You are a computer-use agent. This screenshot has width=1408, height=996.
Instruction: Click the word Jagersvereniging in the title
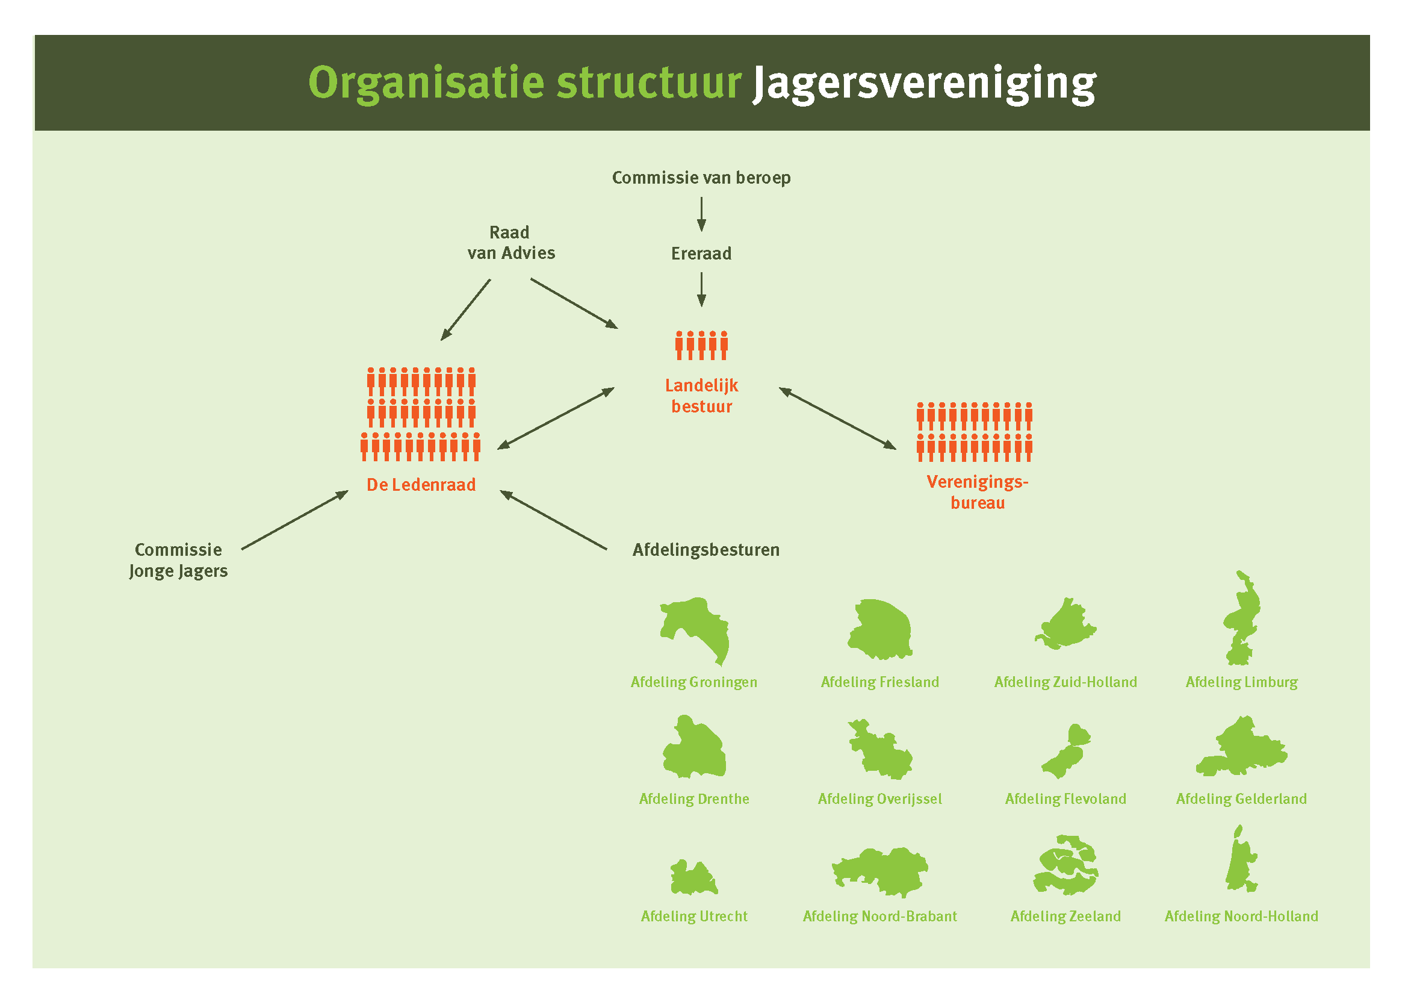coord(924,84)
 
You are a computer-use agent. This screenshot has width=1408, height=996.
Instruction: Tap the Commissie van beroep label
coord(701,178)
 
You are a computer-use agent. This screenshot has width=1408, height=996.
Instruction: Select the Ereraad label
coord(701,254)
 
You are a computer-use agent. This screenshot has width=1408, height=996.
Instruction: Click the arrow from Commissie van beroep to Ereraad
coord(701,214)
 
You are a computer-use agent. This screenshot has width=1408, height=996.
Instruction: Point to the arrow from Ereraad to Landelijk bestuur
coord(701,289)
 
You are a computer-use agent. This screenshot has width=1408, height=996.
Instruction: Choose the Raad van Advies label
coord(510,243)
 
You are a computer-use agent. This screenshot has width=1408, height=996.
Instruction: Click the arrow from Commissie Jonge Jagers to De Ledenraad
coord(294,520)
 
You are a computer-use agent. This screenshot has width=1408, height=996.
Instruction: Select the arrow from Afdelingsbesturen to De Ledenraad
coord(553,520)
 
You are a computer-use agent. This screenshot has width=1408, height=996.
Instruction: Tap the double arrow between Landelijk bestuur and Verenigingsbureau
coord(837,419)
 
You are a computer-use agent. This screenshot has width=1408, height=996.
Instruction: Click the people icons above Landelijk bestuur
coord(701,345)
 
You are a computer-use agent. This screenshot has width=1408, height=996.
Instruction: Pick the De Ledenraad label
coord(421,485)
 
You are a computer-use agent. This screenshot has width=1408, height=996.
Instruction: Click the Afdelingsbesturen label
coord(706,550)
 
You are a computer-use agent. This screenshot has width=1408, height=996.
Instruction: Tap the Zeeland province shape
coord(1065,865)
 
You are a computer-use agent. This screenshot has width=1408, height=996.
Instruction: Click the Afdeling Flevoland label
coord(1065,798)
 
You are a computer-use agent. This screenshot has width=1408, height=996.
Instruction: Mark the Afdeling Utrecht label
coord(693,917)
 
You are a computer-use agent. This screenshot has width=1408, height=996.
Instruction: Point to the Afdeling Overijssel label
coord(879,798)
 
